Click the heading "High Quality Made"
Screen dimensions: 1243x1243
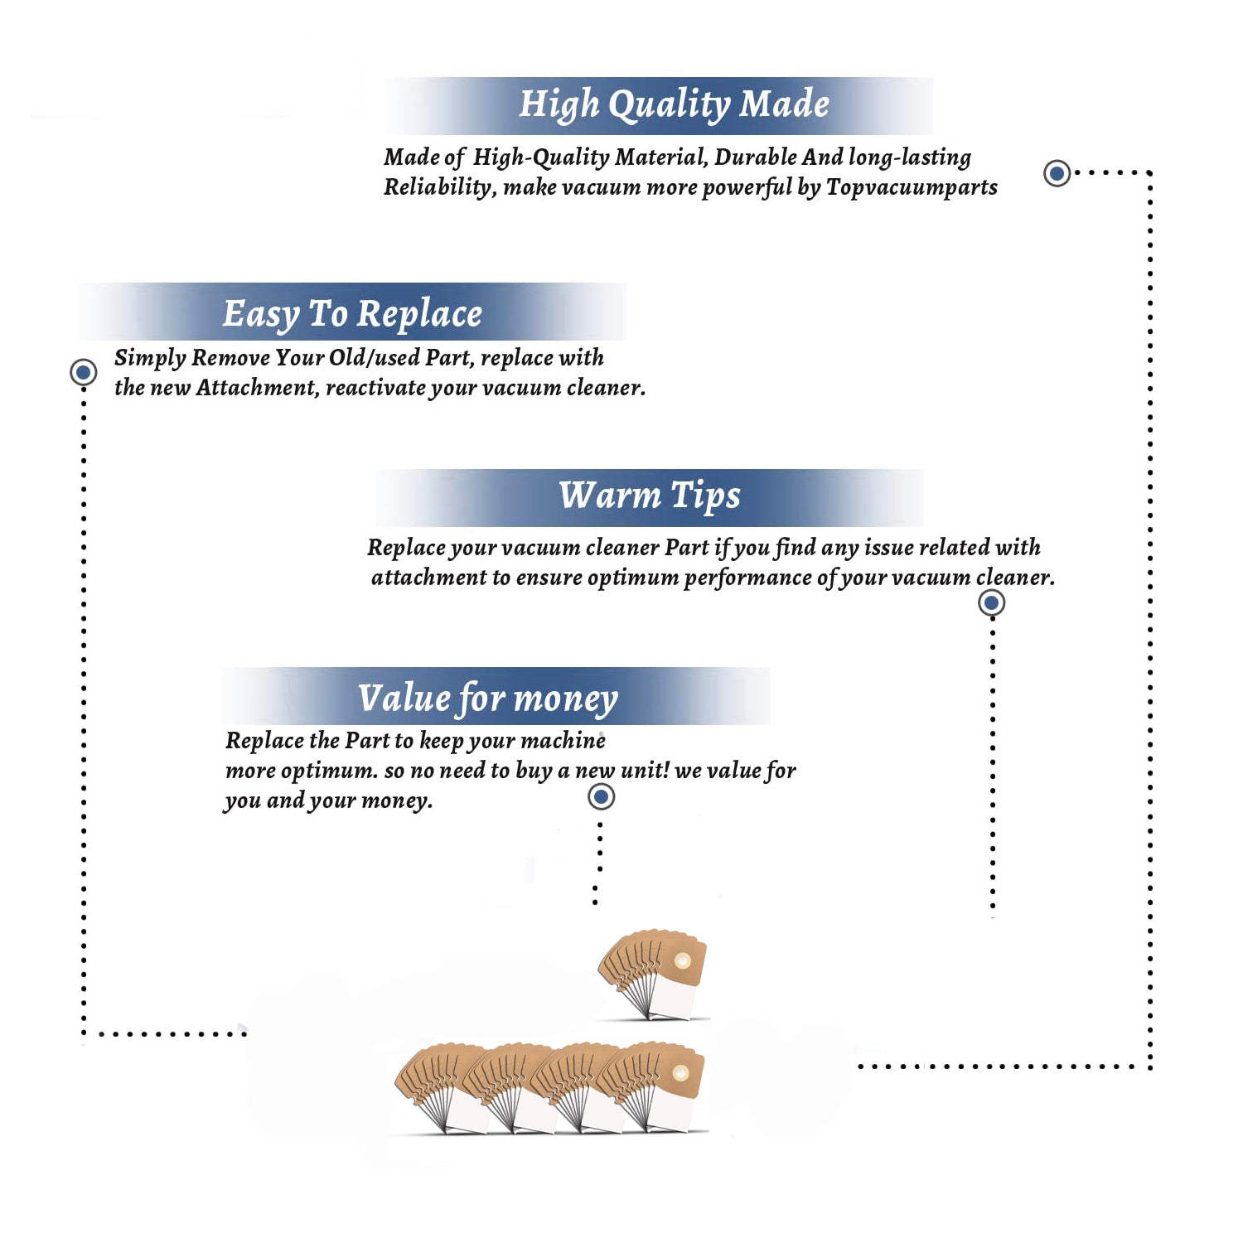pos(674,105)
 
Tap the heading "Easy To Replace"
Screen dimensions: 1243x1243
pos(352,315)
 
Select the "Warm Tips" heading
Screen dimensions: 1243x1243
pos(649,496)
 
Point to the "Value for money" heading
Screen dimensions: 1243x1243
pos(488,699)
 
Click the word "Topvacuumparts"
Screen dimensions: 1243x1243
pos(912,188)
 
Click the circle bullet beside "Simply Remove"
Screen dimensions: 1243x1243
pos(83,372)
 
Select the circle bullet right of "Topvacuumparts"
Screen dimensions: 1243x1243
pos(1057,173)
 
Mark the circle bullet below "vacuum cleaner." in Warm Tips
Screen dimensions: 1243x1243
pos(992,602)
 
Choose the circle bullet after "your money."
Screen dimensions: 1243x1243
pos(601,796)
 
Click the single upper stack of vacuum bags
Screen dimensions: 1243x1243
pos(653,974)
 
